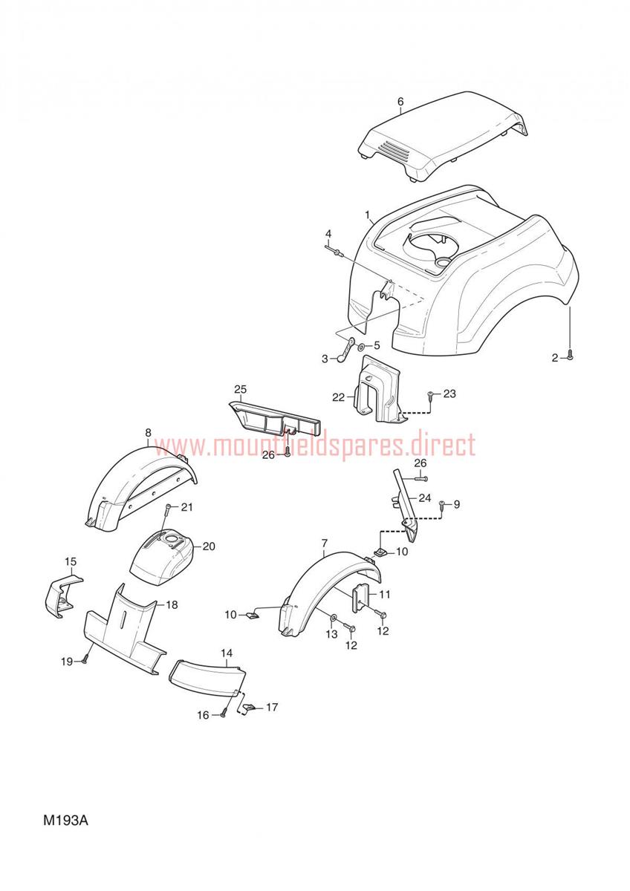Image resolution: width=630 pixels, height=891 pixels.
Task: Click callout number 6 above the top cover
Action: pos(400,102)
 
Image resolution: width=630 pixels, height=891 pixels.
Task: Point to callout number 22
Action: pos(339,397)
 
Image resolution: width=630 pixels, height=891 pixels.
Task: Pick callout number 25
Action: pos(241,389)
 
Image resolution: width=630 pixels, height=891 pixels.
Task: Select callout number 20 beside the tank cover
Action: pos(209,546)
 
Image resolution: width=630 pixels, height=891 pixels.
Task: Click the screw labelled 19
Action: pos(85,661)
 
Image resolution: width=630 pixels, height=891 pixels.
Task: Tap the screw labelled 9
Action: pos(444,504)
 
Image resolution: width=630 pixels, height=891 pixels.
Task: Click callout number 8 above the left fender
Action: pos(149,432)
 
